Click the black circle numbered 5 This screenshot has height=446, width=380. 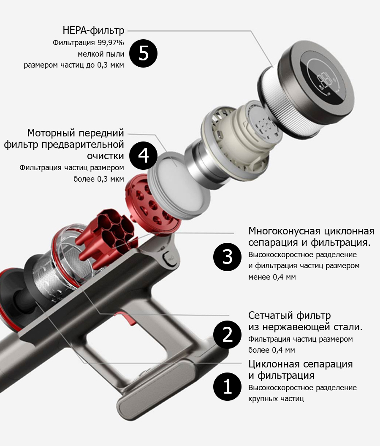144,54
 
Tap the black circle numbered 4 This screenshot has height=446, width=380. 144,155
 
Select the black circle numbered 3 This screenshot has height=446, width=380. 227,257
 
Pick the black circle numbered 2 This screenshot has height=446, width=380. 227,335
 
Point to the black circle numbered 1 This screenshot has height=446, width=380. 227,387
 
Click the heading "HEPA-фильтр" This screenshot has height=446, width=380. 93,30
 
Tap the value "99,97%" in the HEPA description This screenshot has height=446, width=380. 111,43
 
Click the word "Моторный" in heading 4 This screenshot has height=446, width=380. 51,133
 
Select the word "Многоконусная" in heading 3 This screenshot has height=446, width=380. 285,231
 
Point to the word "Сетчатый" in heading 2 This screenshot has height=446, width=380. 271,315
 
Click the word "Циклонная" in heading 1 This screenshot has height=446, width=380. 274,364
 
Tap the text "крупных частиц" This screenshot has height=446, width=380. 276,399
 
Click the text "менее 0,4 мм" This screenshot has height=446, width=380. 272,277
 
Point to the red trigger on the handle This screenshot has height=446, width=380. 128,318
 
